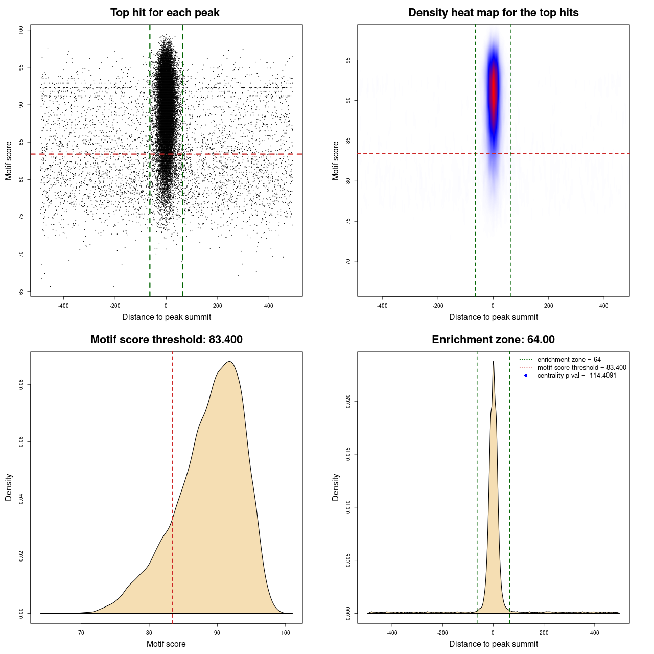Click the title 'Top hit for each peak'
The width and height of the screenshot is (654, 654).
coord(165,13)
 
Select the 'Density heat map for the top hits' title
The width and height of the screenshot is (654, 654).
coord(493,13)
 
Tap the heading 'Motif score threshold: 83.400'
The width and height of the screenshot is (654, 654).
coord(166,340)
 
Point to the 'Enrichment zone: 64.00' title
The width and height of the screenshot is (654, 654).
coord(493,340)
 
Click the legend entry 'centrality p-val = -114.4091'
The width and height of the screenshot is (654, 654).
coord(576,376)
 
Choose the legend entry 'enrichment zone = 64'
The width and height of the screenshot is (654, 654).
coord(569,360)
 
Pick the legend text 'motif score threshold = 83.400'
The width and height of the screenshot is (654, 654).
coord(581,367)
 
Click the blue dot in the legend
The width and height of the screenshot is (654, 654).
coord(526,376)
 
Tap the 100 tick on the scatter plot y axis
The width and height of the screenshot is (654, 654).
coord(21,30)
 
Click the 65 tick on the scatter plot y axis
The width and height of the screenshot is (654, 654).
coord(21,292)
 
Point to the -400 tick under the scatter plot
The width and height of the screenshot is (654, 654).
coord(63,306)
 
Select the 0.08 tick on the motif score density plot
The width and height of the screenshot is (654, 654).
coord(21,384)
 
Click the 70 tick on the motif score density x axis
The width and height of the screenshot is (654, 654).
coord(81,633)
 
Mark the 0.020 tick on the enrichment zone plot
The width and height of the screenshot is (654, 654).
coord(348,402)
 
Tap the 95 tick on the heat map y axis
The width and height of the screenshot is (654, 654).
coord(348,60)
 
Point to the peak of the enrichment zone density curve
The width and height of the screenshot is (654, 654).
coord(493,362)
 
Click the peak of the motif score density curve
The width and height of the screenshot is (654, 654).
coord(229,362)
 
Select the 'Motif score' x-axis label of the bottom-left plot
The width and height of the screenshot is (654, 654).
coord(166,644)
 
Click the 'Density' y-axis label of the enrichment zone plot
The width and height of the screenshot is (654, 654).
coord(336,487)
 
